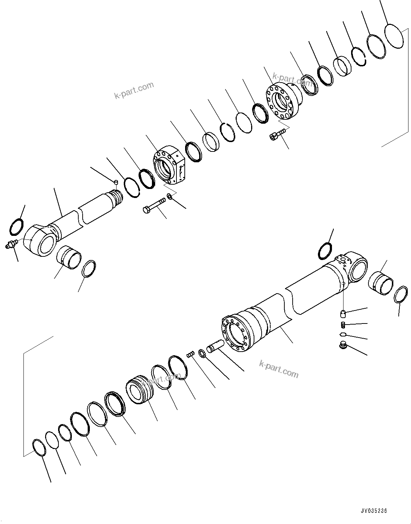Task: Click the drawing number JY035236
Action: pyautogui.click(x=374, y=511)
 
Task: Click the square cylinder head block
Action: pyautogui.click(x=169, y=165)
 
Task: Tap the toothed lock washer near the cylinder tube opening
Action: pyautogui.click(x=201, y=354)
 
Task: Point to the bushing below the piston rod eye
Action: pyautogui.click(x=69, y=257)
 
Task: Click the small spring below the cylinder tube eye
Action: pyautogui.click(x=344, y=324)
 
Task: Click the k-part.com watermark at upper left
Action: pyautogui.click(x=134, y=90)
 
